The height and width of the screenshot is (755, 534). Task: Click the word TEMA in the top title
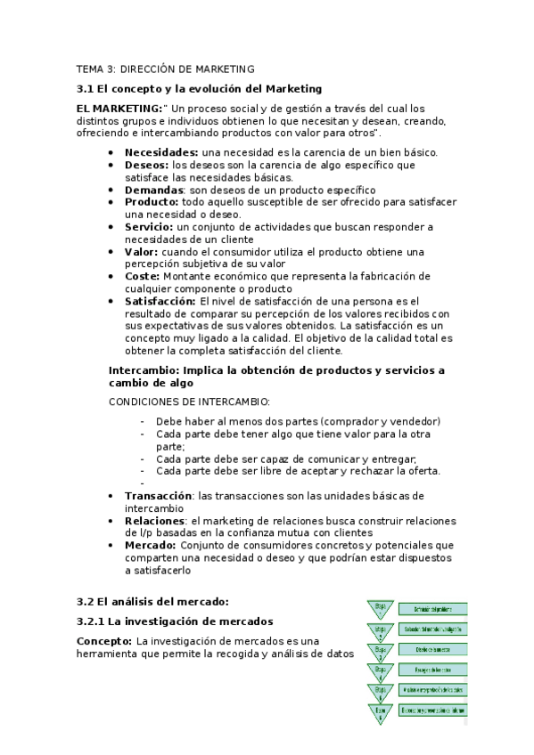tap(90, 68)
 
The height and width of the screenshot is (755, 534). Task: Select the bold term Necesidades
tap(160, 152)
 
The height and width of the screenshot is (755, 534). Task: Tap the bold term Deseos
tap(146, 165)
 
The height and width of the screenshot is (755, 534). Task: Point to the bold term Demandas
tap(153, 190)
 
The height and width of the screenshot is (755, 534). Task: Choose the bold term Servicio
tap(148, 227)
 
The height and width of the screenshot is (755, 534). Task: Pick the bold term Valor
tap(141, 252)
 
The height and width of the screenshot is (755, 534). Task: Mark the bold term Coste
tap(142, 277)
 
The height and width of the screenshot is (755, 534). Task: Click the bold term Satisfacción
tap(160, 302)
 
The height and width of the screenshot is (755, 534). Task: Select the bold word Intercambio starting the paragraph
tap(144, 369)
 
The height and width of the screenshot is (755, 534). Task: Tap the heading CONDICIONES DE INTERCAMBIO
tap(189, 402)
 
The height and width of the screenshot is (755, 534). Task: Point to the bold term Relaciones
tap(153, 520)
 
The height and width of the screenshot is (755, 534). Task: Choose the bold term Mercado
tap(149, 545)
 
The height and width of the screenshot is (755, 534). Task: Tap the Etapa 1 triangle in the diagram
tap(381, 610)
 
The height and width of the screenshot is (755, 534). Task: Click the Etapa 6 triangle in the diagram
tap(381, 712)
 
